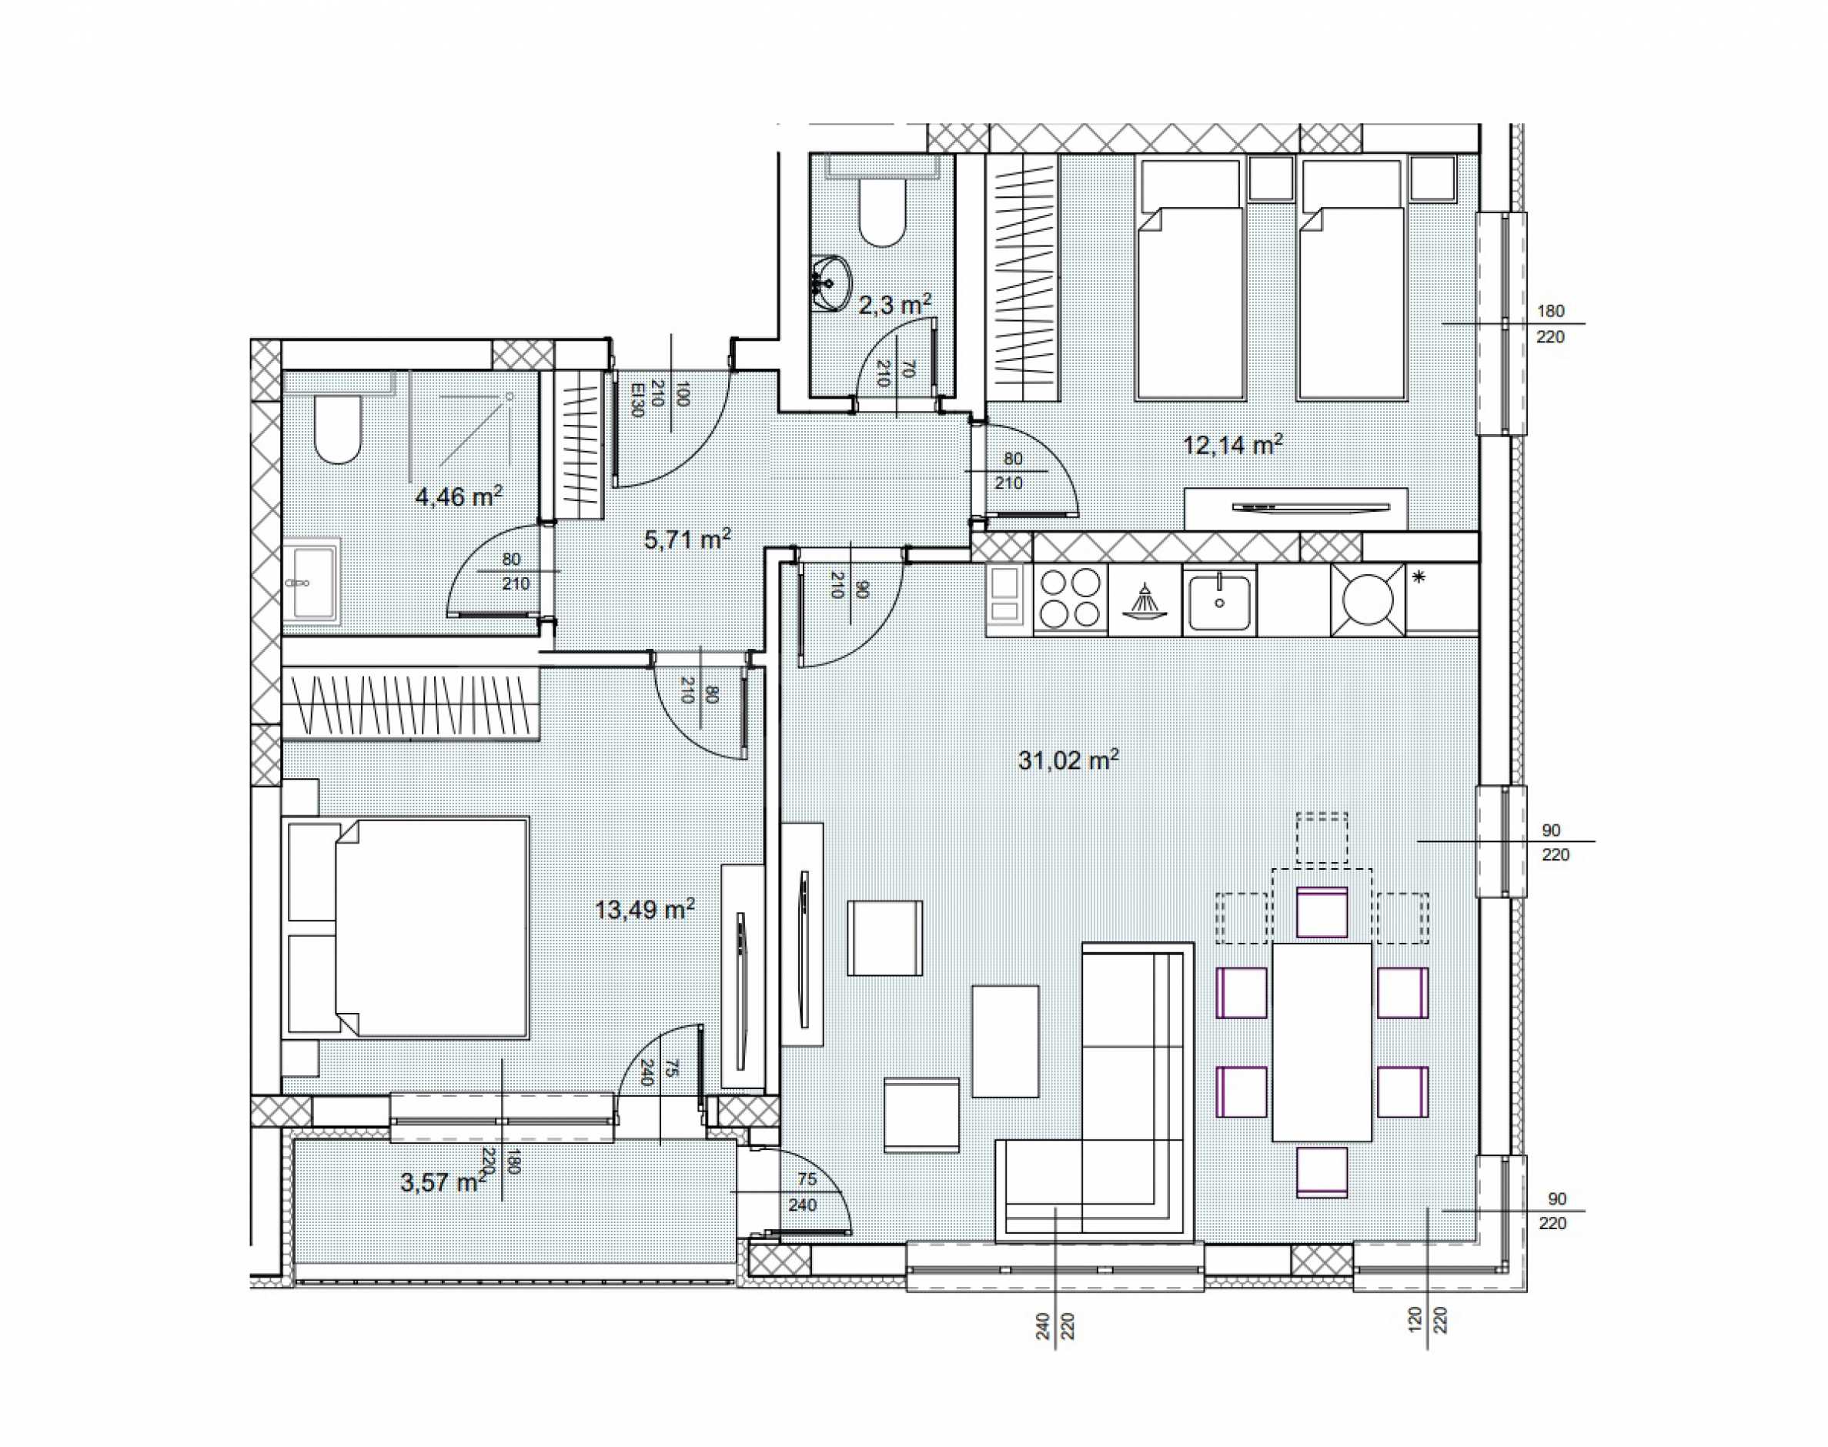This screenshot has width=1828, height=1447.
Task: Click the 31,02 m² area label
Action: pos(1068,760)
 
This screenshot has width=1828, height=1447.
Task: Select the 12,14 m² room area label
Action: pos(1231,445)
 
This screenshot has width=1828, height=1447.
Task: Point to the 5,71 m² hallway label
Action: pos(687,539)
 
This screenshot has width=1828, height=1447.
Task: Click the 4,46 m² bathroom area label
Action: pos(458,496)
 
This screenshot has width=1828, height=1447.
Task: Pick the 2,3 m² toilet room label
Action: pos(894,304)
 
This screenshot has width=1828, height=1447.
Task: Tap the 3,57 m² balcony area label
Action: pos(444,1181)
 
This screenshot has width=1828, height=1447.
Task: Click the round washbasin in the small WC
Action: pos(830,282)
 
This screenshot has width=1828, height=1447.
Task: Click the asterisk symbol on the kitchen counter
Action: pos(1419,578)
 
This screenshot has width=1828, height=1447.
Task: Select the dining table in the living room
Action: pos(1322,1042)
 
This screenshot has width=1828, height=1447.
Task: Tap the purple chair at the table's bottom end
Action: pos(1322,1171)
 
